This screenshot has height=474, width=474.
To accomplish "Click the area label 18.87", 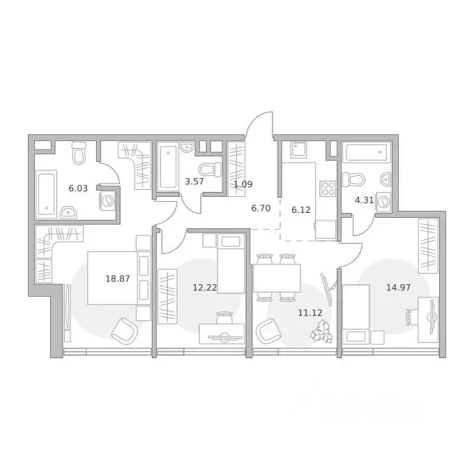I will [x=117, y=278].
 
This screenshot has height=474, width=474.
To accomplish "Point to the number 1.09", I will [x=243, y=185].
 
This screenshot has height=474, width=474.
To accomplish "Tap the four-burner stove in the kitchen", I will [x=328, y=188].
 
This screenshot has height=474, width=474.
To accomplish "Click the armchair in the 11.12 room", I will [x=266, y=329].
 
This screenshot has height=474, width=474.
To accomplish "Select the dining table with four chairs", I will [x=277, y=276].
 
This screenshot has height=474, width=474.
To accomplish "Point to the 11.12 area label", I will [x=309, y=313].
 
